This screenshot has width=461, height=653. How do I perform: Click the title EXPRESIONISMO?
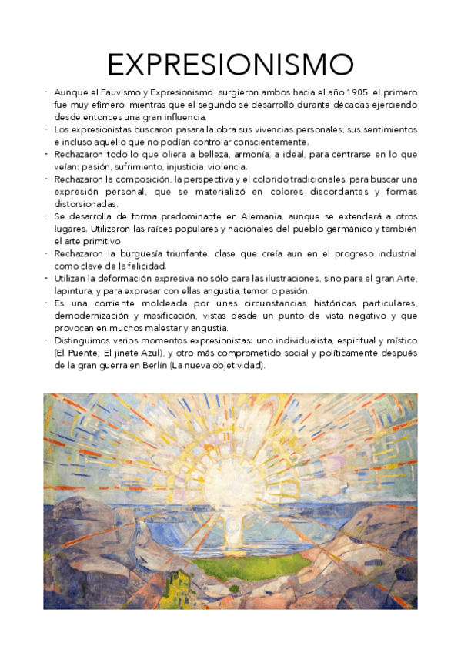coord(230,65)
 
